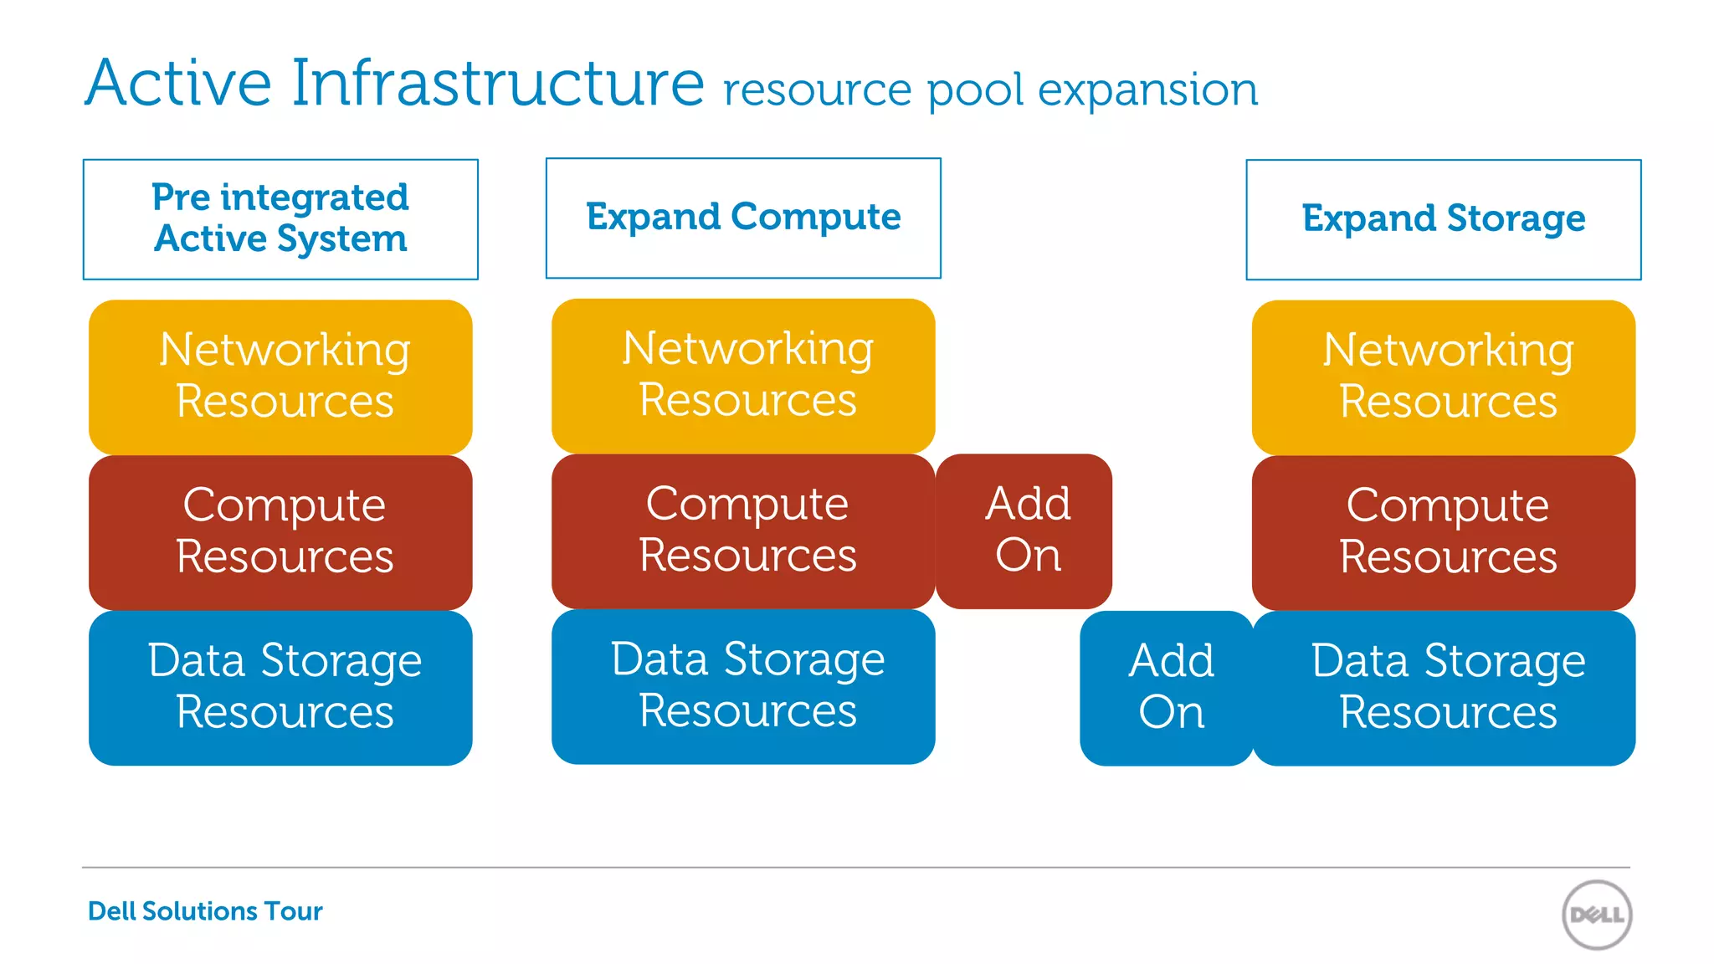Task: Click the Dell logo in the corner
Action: click(x=1596, y=915)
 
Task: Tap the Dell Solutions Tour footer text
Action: click(x=205, y=910)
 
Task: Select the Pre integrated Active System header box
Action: click(x=280, y=219)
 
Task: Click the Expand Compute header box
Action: click(x=743, y=218)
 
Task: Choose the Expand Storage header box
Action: click(x=1443, y=219)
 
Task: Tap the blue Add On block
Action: click(x=1170, y=687)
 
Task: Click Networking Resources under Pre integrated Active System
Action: click(x=281, y=377)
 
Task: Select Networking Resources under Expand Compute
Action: click(x=743, y=375)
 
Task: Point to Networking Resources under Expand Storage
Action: click(x=1444, y=377)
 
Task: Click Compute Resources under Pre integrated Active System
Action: click(x=281, y=532)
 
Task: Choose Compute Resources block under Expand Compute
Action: click(x=743, y=531)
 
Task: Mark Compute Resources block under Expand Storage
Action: click(x=1444, y=532)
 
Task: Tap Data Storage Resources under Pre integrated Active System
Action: click(x=281, y=687)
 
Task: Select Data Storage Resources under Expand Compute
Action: click(x=743, y=685)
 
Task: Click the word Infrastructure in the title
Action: click(x=497, y=83)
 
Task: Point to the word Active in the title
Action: click(x=178, y=83)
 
